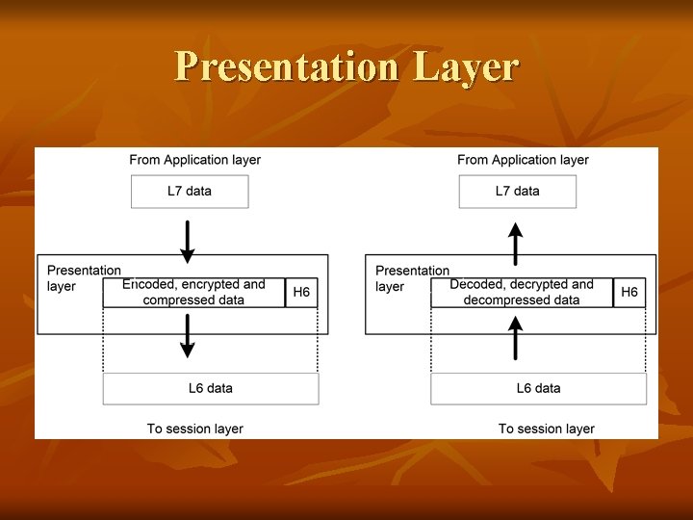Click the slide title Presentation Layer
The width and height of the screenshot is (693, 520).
click(346, 67)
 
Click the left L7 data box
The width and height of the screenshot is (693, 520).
click(190, 192)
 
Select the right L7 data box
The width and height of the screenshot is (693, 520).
click(517, 192)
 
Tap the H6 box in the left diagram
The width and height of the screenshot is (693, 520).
click(301, 293)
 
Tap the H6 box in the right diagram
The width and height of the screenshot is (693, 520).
click(629, 293)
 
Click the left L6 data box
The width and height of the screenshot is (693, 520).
click(210, 389)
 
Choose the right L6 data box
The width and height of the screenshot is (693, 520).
click(538, 389)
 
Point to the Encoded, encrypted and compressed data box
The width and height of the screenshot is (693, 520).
click(193, 293)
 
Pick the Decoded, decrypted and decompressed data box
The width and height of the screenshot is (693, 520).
click(522, 293)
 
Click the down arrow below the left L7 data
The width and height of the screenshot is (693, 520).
click(188, 242)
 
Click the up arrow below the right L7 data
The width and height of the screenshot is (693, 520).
click(516, 243)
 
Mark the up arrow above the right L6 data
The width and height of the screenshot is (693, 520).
click(516, 338)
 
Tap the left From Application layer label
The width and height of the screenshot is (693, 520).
click(195, 160)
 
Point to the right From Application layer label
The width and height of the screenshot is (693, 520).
click(523, 160)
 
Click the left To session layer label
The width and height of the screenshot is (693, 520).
click(195, 429)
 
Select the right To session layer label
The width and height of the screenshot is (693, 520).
click(547, 429)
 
